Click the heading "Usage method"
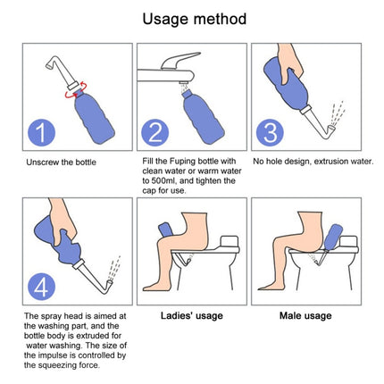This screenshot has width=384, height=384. (x=191, y=18)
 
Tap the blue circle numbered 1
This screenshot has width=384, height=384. (x=40, y=134)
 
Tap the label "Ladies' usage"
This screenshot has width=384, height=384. (x=191, y=315)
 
